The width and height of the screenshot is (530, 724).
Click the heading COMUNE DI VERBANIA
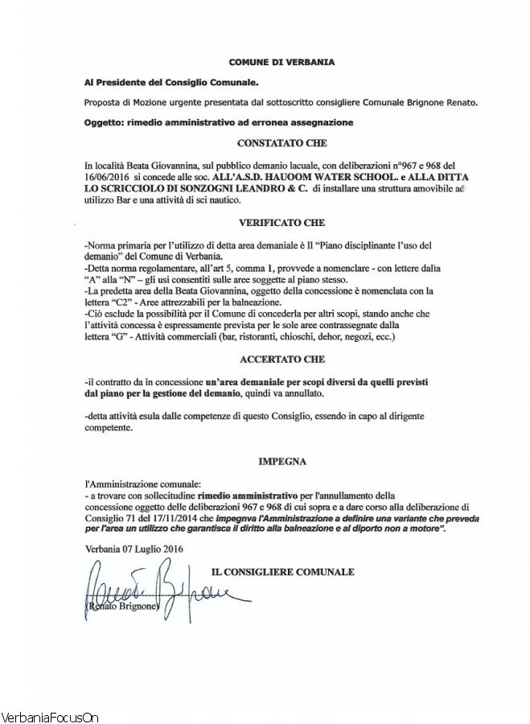pos(282,61)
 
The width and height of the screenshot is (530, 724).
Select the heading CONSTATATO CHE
pos(281,142)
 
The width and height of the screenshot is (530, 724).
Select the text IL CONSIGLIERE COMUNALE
pos(281,572)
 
